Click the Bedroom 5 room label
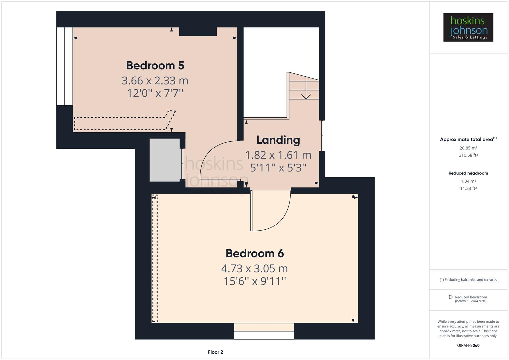pos(155,66)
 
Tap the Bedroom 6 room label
pos(254,254)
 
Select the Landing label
pos(278,140)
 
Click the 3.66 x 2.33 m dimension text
pos(155,81)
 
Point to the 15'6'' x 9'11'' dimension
pos(255,281)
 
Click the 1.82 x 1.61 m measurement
pos(278,155)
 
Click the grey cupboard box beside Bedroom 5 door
pos(165,160)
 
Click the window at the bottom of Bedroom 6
pos(264,332)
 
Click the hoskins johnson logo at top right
pos(468,27)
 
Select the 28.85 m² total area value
pos(468,148)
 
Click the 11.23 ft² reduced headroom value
pos(468,188)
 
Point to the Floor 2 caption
pos(215,352)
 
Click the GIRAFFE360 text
pos(468,345)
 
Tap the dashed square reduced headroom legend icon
pos(451,297)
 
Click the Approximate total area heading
pos(467,140)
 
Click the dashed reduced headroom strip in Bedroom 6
pos(155,258)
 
